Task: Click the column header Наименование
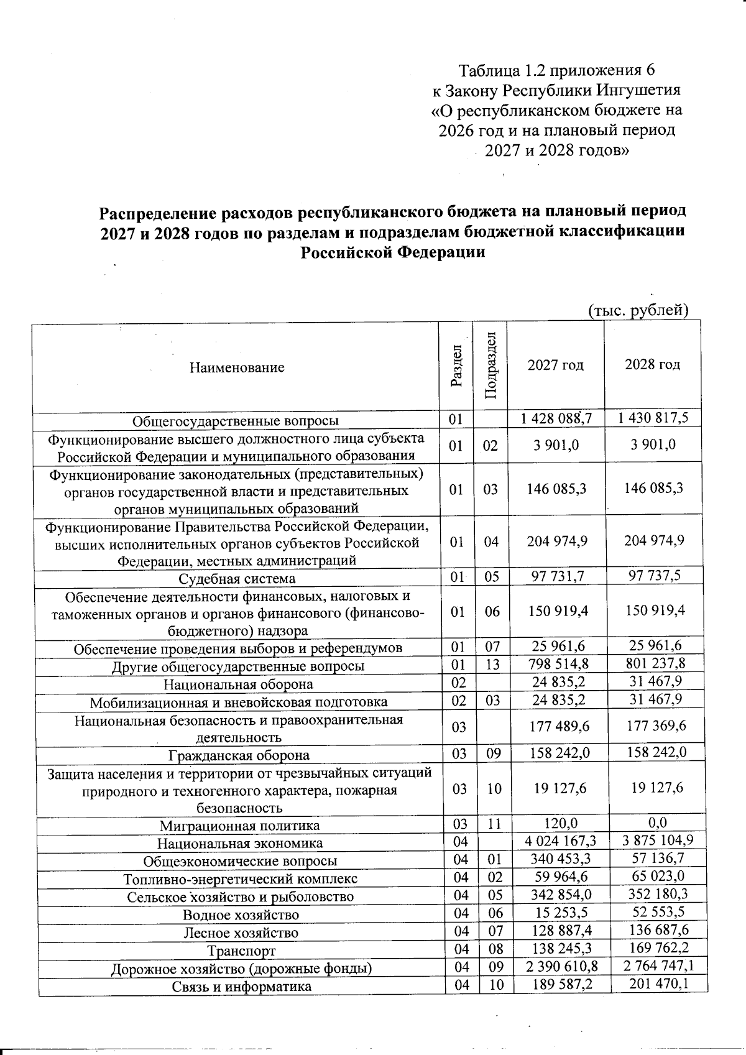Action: (237, 367)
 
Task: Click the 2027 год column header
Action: (555, 365)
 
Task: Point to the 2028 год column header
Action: (652, 364)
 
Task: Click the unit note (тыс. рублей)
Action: (638, 310)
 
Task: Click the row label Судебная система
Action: (237, 579)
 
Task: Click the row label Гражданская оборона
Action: (239, 755)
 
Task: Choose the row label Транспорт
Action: (241, 951)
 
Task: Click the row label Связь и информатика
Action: (242, 987)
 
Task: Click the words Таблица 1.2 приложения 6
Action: (556, 69)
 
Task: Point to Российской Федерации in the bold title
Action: (392, 252)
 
